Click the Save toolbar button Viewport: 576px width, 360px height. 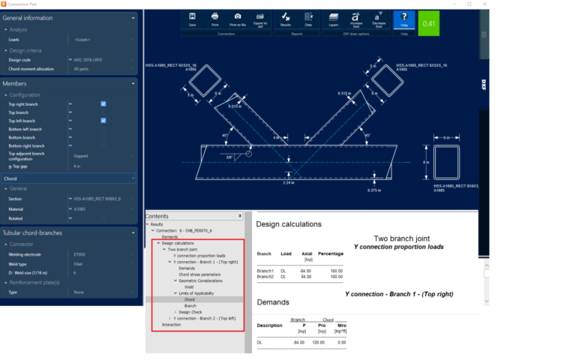pos(193,19)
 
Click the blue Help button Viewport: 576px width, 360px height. pos(404,19)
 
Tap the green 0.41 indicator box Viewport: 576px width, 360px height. pos(429,23)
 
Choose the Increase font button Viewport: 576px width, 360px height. pos(355,19)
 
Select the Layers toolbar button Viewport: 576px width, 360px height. pos(334,19)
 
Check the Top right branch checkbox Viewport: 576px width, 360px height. pos(103,104)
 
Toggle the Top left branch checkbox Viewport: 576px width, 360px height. pos(103,121)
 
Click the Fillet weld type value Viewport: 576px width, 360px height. pos(79,263)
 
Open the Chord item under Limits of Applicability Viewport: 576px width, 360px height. pos(190,299)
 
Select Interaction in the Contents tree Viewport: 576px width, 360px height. pos(172,325)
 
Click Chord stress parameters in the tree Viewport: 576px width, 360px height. pos(199,274)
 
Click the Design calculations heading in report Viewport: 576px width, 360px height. pos(289,223)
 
